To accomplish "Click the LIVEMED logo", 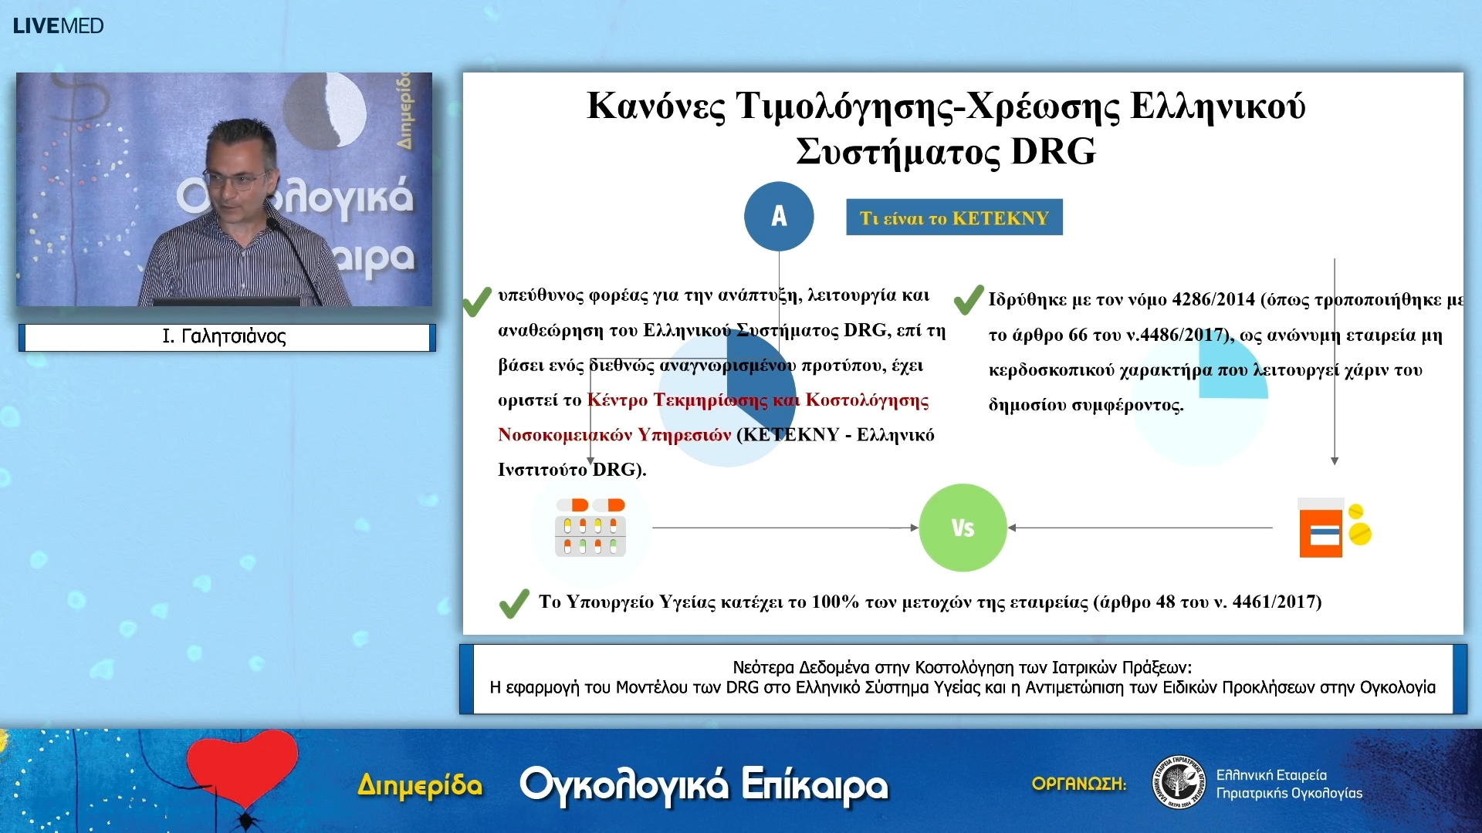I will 58,25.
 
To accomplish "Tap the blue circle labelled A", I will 778,216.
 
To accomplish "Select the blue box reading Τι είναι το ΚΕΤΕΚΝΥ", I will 954,218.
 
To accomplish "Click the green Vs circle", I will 963,528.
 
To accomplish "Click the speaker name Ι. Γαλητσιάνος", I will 224,336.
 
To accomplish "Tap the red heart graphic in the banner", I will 242,768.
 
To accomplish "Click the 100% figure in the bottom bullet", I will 835,602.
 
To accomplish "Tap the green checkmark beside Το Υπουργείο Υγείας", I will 514,603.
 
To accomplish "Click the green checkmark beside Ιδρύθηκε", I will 969,300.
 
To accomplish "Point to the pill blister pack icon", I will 590,528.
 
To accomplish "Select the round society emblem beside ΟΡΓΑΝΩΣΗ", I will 1178,783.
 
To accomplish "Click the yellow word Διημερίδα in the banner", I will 420,785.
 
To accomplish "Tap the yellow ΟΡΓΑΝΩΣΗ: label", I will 1079,784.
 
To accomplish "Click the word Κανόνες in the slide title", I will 656,106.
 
